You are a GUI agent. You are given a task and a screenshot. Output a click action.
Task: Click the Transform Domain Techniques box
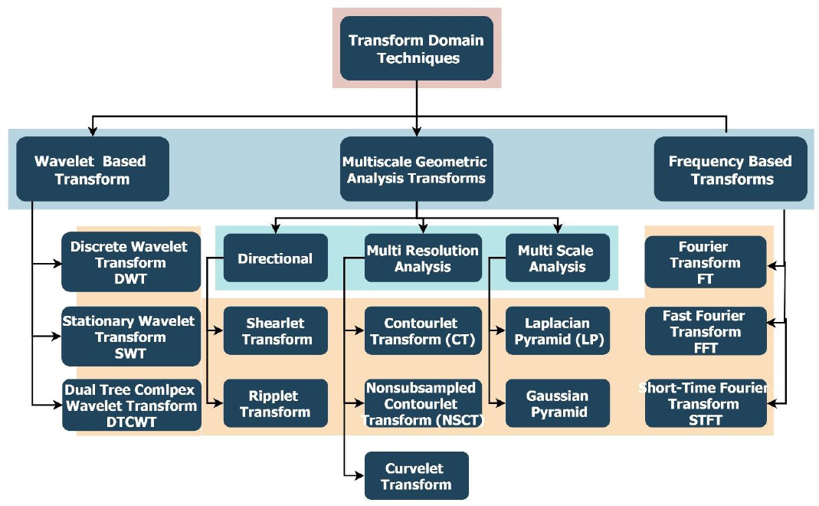point(416,48)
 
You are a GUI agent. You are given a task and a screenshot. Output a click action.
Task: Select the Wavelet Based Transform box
point(91,169)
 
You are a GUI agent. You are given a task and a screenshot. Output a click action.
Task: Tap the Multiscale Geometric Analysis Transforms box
point(416,169)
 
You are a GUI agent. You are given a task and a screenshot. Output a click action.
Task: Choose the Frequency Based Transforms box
point(730,169)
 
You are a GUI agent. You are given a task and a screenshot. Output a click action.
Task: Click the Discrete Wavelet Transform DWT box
point(130,262)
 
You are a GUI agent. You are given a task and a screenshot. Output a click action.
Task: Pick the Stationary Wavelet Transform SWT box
point(130,337)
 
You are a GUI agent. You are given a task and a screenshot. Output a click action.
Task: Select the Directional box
point(275,258)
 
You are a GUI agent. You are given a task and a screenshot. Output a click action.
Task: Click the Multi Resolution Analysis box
point(423,258)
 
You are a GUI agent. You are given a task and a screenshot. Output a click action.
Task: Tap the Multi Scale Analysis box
point(557,258)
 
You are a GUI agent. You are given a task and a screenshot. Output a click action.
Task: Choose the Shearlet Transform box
point(275,330)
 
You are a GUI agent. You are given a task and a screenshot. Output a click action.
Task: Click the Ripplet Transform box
point(275,403)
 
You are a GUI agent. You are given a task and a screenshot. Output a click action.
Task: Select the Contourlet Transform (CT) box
point(423,330)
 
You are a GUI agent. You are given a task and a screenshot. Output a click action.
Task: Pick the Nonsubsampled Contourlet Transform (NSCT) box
point(423,403)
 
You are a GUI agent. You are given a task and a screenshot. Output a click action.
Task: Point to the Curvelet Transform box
point(416,476)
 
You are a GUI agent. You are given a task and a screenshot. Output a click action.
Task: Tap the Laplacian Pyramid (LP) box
point(557,330)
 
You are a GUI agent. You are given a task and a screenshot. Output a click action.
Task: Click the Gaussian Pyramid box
point(557,403)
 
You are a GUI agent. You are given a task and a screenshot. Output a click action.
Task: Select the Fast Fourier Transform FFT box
point(706,332)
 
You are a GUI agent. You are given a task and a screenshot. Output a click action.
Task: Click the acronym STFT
point(705,420)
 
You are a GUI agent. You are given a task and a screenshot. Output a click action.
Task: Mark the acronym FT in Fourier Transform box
point(706,279)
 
